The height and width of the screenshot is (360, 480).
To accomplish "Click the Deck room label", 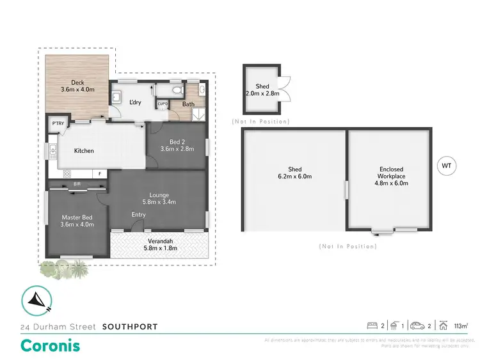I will [x=77, y=82].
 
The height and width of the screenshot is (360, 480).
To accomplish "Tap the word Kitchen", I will [x=84, y=151].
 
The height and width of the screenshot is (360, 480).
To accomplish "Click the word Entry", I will [x=139, y=215].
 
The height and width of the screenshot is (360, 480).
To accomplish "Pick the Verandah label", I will [x=159, y=240].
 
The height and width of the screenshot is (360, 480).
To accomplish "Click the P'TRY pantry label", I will [x=58, y=124].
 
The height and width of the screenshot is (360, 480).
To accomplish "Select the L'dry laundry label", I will [x=135, y=102].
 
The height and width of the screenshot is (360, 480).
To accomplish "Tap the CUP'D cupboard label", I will [x=163, y=104].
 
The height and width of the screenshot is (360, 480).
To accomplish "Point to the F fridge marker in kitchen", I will [x=100, y=173].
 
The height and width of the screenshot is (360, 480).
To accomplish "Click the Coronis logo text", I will [x=51, y=345].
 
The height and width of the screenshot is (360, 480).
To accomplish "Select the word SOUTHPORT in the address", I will [x=130, y=327].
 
